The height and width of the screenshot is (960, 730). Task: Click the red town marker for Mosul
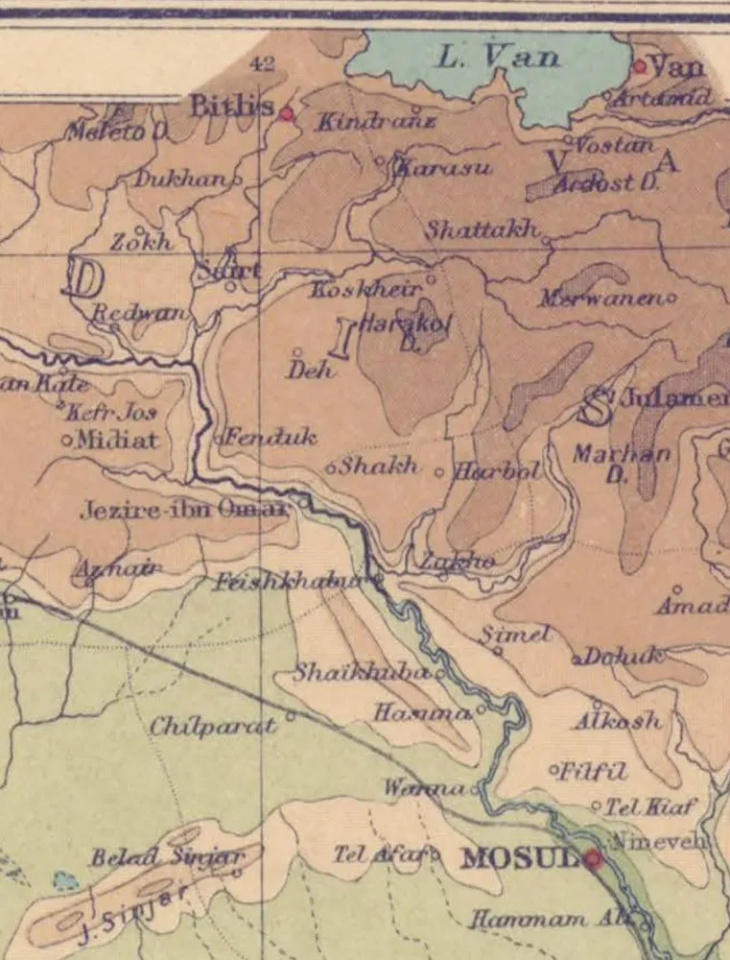coord(594,858)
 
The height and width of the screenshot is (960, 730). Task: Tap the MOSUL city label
coord(519,857)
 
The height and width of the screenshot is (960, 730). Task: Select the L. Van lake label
coord(498,57)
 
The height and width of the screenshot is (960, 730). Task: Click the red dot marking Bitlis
coord(286,113)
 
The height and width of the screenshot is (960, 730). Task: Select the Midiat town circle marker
coord(67,441)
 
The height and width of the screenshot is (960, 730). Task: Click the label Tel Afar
coord(378,853)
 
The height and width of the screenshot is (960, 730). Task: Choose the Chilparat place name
coord(213,726)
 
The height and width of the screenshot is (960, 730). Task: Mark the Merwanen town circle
coord(671,298)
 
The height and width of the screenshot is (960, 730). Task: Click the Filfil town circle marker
coord(553,770)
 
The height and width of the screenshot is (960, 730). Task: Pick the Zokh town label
coord(142,243)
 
